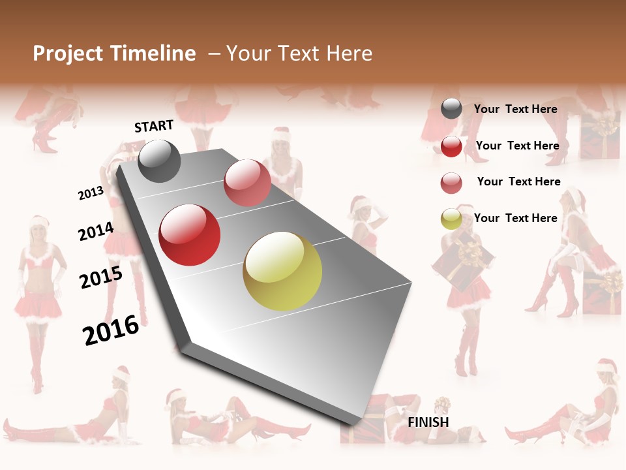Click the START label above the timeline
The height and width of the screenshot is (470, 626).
[154, 126]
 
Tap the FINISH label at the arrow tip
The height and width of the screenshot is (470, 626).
[428, 422]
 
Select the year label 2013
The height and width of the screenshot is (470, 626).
[91, 193]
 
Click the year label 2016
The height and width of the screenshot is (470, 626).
[111, 330]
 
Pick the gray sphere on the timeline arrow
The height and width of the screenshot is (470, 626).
[159, 161]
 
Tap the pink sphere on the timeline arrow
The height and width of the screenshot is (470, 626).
[247, 183]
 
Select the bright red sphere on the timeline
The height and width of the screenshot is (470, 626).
[190, 235]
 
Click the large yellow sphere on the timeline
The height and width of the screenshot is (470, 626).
[282, 271]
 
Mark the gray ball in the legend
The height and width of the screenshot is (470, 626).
[451, 108]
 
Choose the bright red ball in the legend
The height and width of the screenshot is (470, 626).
[451, 146]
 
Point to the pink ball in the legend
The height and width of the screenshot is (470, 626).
[451, 183]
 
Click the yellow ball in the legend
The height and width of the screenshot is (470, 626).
[451, 219]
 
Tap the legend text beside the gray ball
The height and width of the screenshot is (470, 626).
[516, 109]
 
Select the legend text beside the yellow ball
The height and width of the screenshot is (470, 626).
[516, 218]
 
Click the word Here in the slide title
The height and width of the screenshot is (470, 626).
[349, 54]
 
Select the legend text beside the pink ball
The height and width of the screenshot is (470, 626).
[518, 181]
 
